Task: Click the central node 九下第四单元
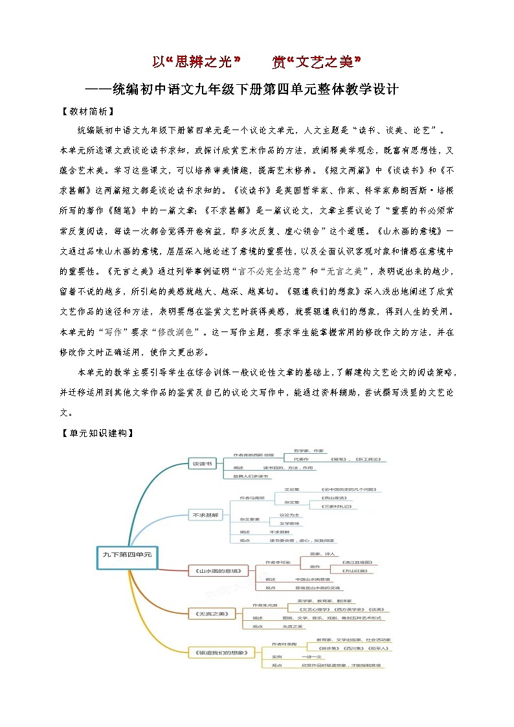click(126, 554)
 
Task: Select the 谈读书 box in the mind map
click(200, 464)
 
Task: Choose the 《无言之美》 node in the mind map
click(205, 612)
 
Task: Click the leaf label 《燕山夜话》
click(336, 498)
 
